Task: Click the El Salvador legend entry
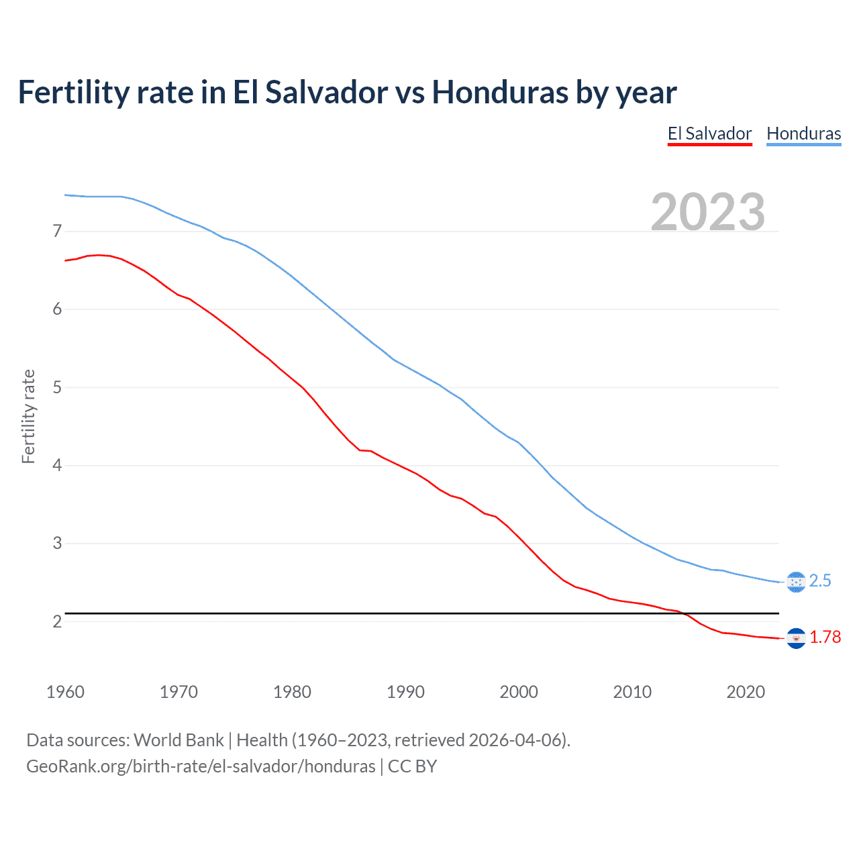pyautogui.click(x=709, y=134)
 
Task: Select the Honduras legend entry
pyautogui.click(x=803, y=134)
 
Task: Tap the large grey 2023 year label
pyautogui.click(x=707, y=212)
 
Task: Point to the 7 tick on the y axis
pyautogui.click(x=57, y=232)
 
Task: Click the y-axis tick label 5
pyautogui.click(x=57, y=387)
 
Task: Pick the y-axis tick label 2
pyautogui.click(x=57, y=621)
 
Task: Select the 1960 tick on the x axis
pyautogui.click(x=65, y=692)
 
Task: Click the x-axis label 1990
pyautogui.click(x=405, y=692)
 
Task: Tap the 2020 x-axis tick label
pyautogui.click(x=746, y=692)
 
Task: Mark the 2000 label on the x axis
pyautogui.click(x=519, y=692)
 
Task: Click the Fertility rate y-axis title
pyautogui.click(x=28, y=416)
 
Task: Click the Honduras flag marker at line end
pyautogui.click(x=795, y=582)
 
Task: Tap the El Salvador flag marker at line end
pyautogui.click(x=795, y=638)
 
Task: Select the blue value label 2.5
pyautogui.click(x=820, y=581)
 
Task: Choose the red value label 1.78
pyautogui.click(x=825, y=638)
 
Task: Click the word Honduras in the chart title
pyautogui.click(x=500, y=92)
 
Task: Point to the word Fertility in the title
pyautogui.click(x=73, y=92)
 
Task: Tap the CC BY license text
pyautogui.click(x=412, y=766)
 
